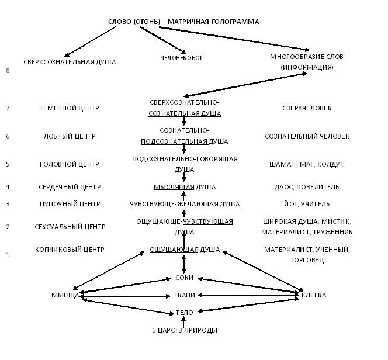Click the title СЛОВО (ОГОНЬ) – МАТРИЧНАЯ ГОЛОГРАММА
pos(183,22)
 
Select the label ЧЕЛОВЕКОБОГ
pos(182,58)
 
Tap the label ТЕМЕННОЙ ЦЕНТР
pos(69,108)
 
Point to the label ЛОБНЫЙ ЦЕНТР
pos(69,136)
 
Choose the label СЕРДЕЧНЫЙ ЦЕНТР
pos(69,187)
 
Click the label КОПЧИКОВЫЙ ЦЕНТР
pos(69,250)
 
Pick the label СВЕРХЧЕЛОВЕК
pos(307,108)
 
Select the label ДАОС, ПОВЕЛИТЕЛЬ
pos(307,187)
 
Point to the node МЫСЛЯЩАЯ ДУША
pos(185,187)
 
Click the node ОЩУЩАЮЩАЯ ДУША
pos(185,250)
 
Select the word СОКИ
pos(185,278)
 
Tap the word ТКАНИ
pos(185,295)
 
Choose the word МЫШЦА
pos(65,295)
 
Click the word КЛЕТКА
pos(314,295)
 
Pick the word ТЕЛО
pos(185,313)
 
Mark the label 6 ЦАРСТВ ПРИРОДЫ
pos(185,330)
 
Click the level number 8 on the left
pos(8,71)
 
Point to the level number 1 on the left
pos(8,255)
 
